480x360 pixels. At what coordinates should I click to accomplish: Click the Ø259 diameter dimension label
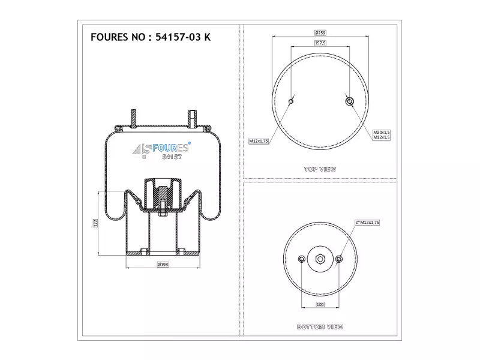pos(320,33)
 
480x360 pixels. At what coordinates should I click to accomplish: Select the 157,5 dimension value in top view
pos(320,43)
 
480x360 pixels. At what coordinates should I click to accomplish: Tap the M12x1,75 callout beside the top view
pos(259,141)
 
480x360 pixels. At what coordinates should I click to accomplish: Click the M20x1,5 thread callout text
pos(382,132)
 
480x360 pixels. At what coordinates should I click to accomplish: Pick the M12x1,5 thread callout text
pos(382,137)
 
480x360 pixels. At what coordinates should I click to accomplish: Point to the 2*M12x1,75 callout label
pos(367,223)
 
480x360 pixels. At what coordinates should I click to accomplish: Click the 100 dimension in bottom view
pos(320,304)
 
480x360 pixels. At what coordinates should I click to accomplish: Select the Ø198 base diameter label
pos(163,264)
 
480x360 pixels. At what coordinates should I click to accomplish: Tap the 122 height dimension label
pos(95,223)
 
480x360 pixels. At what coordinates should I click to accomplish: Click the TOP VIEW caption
pos(320,169)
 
